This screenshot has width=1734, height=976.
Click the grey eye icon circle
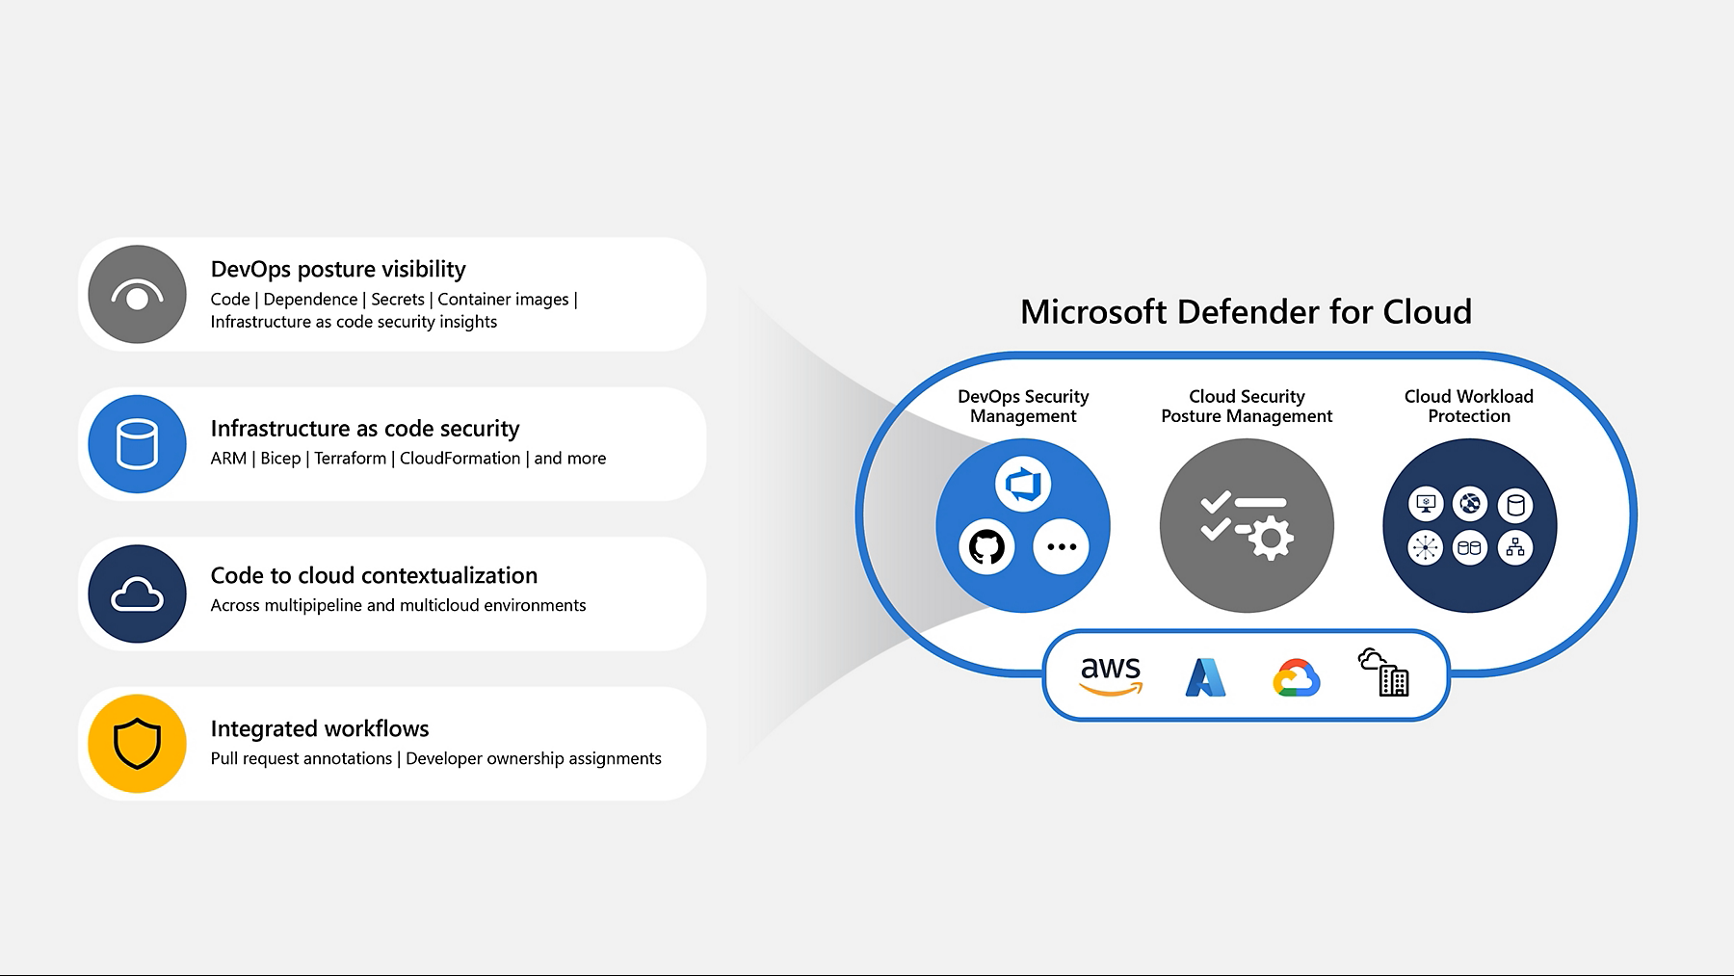coord(137,295)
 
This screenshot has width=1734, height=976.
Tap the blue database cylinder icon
coord(137,444)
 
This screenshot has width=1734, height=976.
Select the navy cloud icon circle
coord(137,594)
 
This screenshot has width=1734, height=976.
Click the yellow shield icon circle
coord(137,744)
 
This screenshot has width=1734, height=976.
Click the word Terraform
coord(350,459)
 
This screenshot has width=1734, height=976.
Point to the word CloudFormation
coord(460,459)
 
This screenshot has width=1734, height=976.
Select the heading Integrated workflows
coord(320,728)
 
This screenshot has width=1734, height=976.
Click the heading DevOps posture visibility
coord(338,269)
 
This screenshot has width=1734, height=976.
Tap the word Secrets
coord(398,300)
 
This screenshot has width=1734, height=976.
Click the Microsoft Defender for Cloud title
coord(1246,311)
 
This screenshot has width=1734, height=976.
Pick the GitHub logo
coord(986,547)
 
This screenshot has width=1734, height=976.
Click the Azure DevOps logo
coord(1023,484)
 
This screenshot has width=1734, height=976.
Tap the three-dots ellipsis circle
coord(1061,547)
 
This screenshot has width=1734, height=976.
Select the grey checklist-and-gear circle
coord(1247,526)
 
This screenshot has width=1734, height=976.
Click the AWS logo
coord(1111,674)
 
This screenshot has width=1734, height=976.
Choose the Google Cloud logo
coord(1296,677)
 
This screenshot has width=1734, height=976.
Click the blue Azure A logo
coord(1205,676)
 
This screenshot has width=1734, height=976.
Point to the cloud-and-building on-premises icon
coord(1384,673)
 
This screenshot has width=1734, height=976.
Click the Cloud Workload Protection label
coord(1468,406)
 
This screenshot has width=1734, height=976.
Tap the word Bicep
coord(280,459)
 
